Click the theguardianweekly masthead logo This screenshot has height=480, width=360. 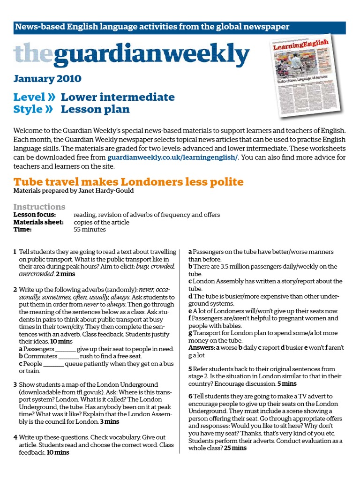(131, 55)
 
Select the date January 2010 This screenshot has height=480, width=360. (47, 78)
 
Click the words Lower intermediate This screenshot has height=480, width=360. (118, 97)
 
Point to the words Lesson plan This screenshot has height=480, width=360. (95, 110)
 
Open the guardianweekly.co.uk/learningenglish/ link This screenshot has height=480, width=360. (172, 157)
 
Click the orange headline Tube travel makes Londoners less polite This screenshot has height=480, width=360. (128, 181)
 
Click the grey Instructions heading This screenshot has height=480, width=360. (39, 207)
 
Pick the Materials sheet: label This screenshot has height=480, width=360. (38, 222)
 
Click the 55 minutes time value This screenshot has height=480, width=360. (90, 230)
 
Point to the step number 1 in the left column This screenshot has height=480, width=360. (15, 252)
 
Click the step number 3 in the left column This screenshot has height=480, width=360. (15, 385)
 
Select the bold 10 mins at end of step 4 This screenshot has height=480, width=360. (58, 452)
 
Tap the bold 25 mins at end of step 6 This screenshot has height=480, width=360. (235, 448)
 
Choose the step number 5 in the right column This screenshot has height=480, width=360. (190, 369)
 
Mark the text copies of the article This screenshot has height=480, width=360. (102, 222)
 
